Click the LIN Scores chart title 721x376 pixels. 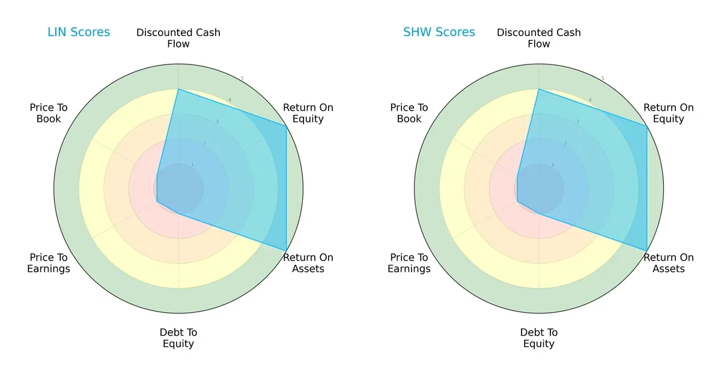pyautogui.click(x=79, y=32)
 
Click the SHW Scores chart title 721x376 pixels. pyautogui.click(x=439, y=32)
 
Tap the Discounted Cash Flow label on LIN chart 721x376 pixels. pyautogui.click(x=178, y=38)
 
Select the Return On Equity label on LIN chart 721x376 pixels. pyautogui.click(x=308, y=113)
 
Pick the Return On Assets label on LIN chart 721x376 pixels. pyautogui.click(x=308, y=263)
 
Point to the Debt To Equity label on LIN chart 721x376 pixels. pyautogui.click(x=178, y=338)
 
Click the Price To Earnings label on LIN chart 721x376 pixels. pyautogui.click(x=49, y=263)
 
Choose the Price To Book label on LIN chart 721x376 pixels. pyautogui.click(x=49, y=113)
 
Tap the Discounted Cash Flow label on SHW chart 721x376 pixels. pyautogui.click(x=539, y=38)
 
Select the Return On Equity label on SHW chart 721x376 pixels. pyautogui.click(x=669, y=113)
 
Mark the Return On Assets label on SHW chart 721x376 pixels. pyautogui.click(x=669, y=263)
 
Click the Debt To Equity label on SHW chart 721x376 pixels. pyautogui.click(x=539, y=338)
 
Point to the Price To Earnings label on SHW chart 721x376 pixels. pyautogui.click(x=409, y=263)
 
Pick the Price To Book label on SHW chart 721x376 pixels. pyautogui.click(x=409, y=113)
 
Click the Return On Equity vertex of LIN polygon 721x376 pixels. pyautogui.click(x=286, y=126)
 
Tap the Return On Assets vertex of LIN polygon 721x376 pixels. pyautogui.click(x=286, y=250)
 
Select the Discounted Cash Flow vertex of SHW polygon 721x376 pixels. pyautogui.click(x=539, y=90)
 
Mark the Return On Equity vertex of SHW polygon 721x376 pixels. pyautogui.click(x=646, y=126)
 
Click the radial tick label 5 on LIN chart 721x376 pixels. pyautogui.click(x=242, y=79)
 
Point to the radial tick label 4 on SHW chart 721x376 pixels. pyautogui.click(x=590, y=100)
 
